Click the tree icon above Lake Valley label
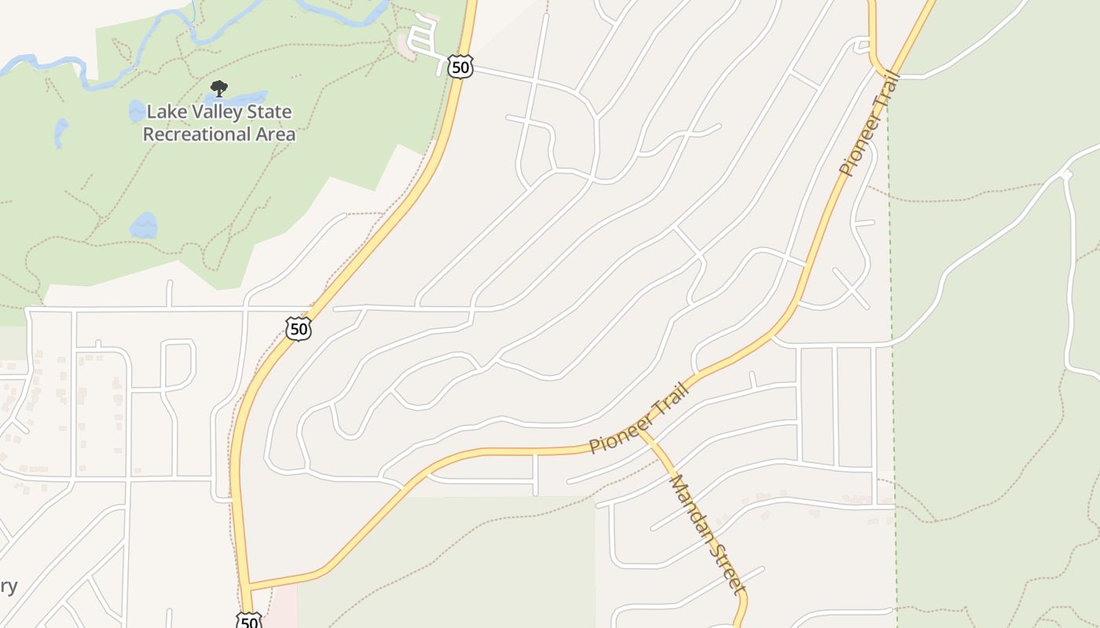point(219,89)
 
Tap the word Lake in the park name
point(165,112)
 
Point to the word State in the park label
point(269,112)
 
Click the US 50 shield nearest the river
point(460,67)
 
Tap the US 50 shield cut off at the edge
point(248,621)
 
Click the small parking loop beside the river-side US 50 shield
point(423,38)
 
